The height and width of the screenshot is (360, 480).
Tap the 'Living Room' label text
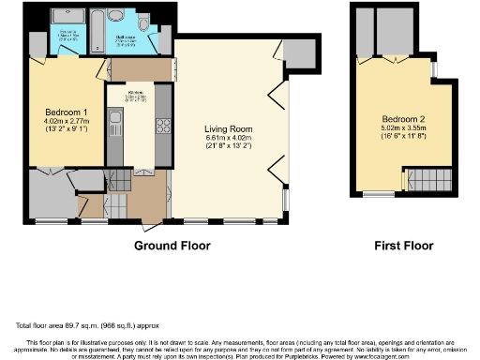click(x=229, y=129)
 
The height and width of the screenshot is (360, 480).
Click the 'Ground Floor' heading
click(x=172, y=246)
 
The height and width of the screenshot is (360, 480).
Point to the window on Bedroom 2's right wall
click(x=433, y=70)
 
